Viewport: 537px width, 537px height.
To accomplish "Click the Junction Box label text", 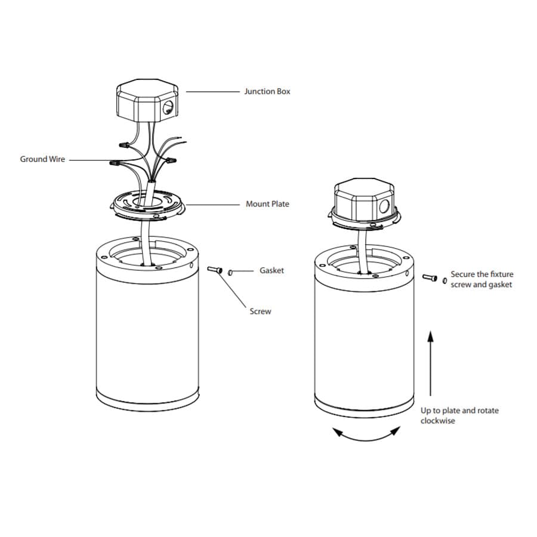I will [x=267, y=91].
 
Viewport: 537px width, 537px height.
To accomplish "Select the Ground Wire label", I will [x=42, y=159].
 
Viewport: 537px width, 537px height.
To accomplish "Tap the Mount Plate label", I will [x=267, y=204].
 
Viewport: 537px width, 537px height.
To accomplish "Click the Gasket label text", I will [x=271, y=270].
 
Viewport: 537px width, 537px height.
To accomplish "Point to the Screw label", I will [x=260, y=311].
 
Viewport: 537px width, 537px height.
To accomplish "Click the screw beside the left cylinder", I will [x=215, y=271].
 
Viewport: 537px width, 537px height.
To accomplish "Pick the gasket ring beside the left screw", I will [x=230, y=273].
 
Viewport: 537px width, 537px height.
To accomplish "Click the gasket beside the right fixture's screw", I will [x=445, y=279].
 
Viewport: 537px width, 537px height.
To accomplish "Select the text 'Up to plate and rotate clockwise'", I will [x=459, y=415].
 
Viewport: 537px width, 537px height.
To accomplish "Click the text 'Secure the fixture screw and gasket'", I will [x=482, y=279].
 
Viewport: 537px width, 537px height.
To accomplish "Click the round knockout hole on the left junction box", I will [x=169, y=107].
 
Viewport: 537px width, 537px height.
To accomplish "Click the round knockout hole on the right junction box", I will [x=385, y=208].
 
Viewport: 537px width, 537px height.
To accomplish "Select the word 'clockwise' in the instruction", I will [x=437, y=421].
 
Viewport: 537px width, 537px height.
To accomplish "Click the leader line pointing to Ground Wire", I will [x=89, y=160].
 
